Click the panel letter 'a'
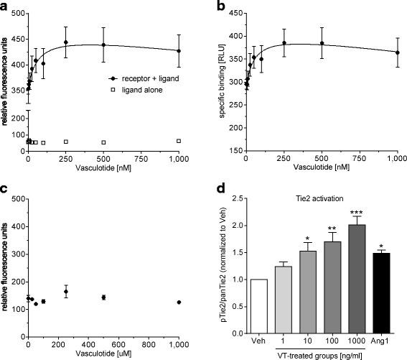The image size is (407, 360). click(6, 7)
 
